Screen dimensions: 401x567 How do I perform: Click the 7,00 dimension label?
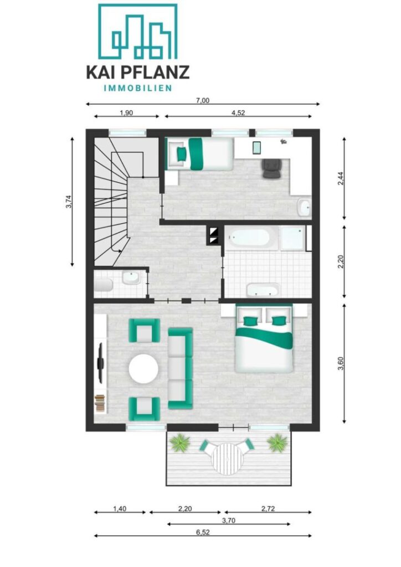pos(203,101)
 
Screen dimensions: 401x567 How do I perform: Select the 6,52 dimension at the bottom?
pos(203,532)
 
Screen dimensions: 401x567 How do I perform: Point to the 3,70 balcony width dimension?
pos(229,520)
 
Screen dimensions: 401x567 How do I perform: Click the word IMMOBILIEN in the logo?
pos(138,88)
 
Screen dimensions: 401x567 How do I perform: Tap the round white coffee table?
pos(143,369)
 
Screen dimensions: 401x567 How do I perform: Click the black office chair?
pos(271,168)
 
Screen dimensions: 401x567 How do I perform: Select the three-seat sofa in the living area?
pos(181,368)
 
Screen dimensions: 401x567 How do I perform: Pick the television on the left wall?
pos(100,362)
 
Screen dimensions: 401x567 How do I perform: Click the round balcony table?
pos(227,459)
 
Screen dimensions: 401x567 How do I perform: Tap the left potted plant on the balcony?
pos(179,444)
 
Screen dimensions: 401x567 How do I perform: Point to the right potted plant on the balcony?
pos(277,443)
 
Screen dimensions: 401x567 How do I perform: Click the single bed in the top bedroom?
pos(199,154)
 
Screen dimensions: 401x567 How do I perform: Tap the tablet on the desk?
pos(256,147)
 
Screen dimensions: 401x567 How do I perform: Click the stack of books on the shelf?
pos(100,403)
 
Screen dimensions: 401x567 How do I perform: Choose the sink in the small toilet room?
pos(131,279)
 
